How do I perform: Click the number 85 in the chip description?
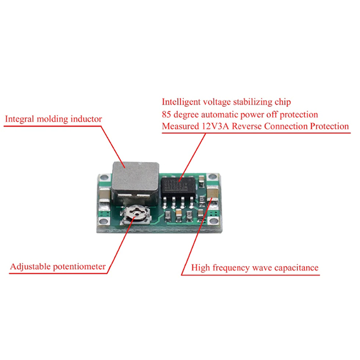[167, 115]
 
